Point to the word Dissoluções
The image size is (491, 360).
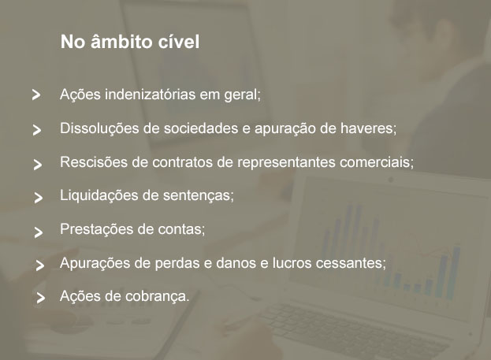click(x=100, y=128)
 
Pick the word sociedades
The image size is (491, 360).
click(x=201, y=128)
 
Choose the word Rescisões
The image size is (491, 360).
click(x=94, y=162)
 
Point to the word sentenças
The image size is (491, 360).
click(x=197, y=196)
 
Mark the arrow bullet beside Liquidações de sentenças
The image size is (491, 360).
click(x=38, y=198)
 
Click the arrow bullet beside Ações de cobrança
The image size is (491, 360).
click(x=41, y=298)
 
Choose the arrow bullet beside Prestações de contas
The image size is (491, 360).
click(x=39, y=232)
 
